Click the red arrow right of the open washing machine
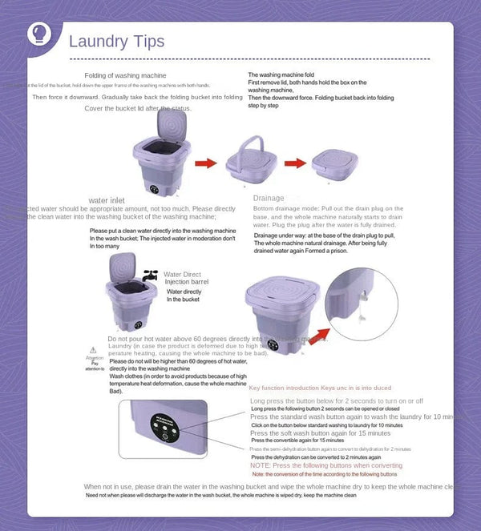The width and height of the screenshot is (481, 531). [206, 163]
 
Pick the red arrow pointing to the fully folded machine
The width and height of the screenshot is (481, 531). [295, 163]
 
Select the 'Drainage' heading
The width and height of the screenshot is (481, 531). [269, 198]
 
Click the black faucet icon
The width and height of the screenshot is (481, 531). [150, 275]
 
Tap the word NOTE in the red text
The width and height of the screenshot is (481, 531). [261, 465]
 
